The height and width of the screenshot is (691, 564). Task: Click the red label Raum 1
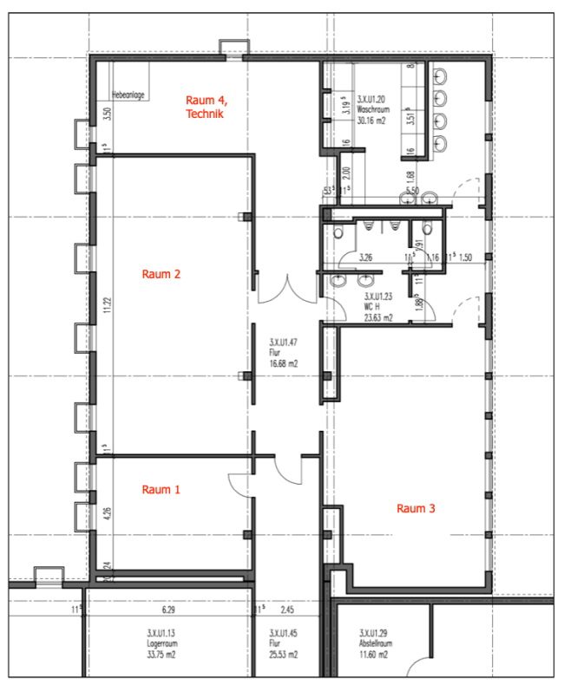[161, 490]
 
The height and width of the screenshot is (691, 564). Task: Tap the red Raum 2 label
[161, 275]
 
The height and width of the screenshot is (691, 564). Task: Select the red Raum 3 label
[416, 509]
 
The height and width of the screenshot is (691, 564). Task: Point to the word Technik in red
[205, 114]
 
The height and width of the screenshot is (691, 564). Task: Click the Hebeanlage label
[128, 95]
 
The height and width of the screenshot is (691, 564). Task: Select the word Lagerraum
[163, 644]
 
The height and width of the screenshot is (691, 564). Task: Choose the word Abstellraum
[377, 644]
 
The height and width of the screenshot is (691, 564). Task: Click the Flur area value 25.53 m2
[284, 655]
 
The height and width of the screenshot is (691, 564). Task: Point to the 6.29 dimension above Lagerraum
[168, 610]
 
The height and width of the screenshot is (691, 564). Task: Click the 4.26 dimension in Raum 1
[107, 512]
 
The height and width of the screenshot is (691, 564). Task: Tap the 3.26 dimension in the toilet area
[366, 257]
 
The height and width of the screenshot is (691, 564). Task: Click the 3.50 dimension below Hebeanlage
[107, 114]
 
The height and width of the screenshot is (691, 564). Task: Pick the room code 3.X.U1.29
[377, 634]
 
